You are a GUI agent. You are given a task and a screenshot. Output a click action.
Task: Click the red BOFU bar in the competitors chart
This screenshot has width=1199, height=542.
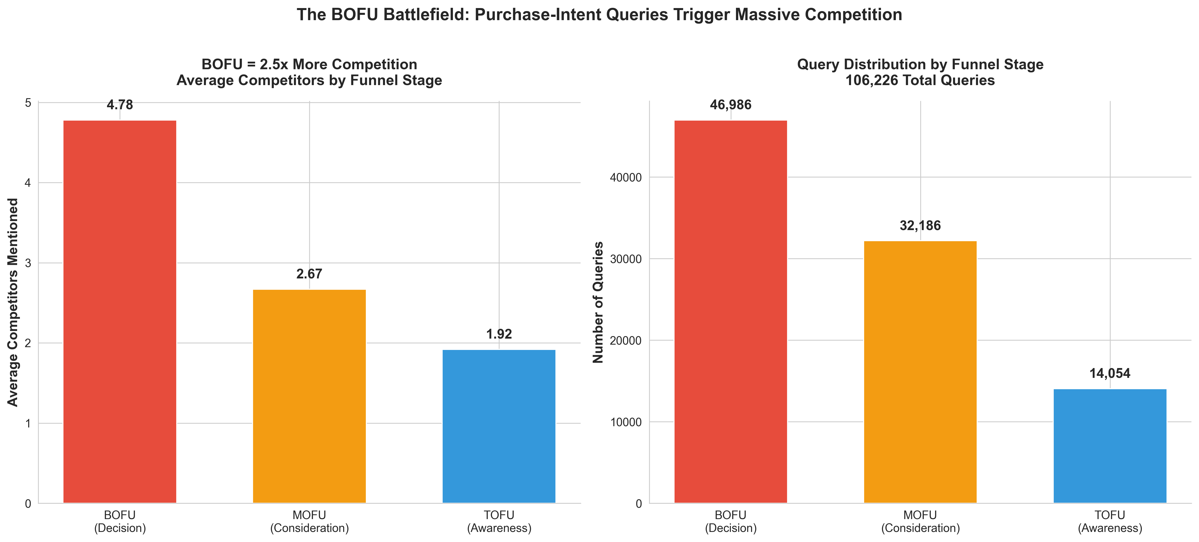[x=120, y=312]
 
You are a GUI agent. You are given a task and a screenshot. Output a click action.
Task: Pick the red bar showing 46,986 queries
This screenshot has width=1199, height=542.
[x=730, y=312]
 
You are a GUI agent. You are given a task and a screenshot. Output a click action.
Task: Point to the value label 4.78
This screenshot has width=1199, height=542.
[x=120, y=105]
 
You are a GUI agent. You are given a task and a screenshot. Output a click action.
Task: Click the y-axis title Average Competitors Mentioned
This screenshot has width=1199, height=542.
[x=13, y=302]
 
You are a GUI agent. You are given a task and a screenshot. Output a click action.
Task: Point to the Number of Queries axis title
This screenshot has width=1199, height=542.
[x=598, y=302]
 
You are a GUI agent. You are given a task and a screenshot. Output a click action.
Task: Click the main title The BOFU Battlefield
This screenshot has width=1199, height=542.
[x=599, y=15]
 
